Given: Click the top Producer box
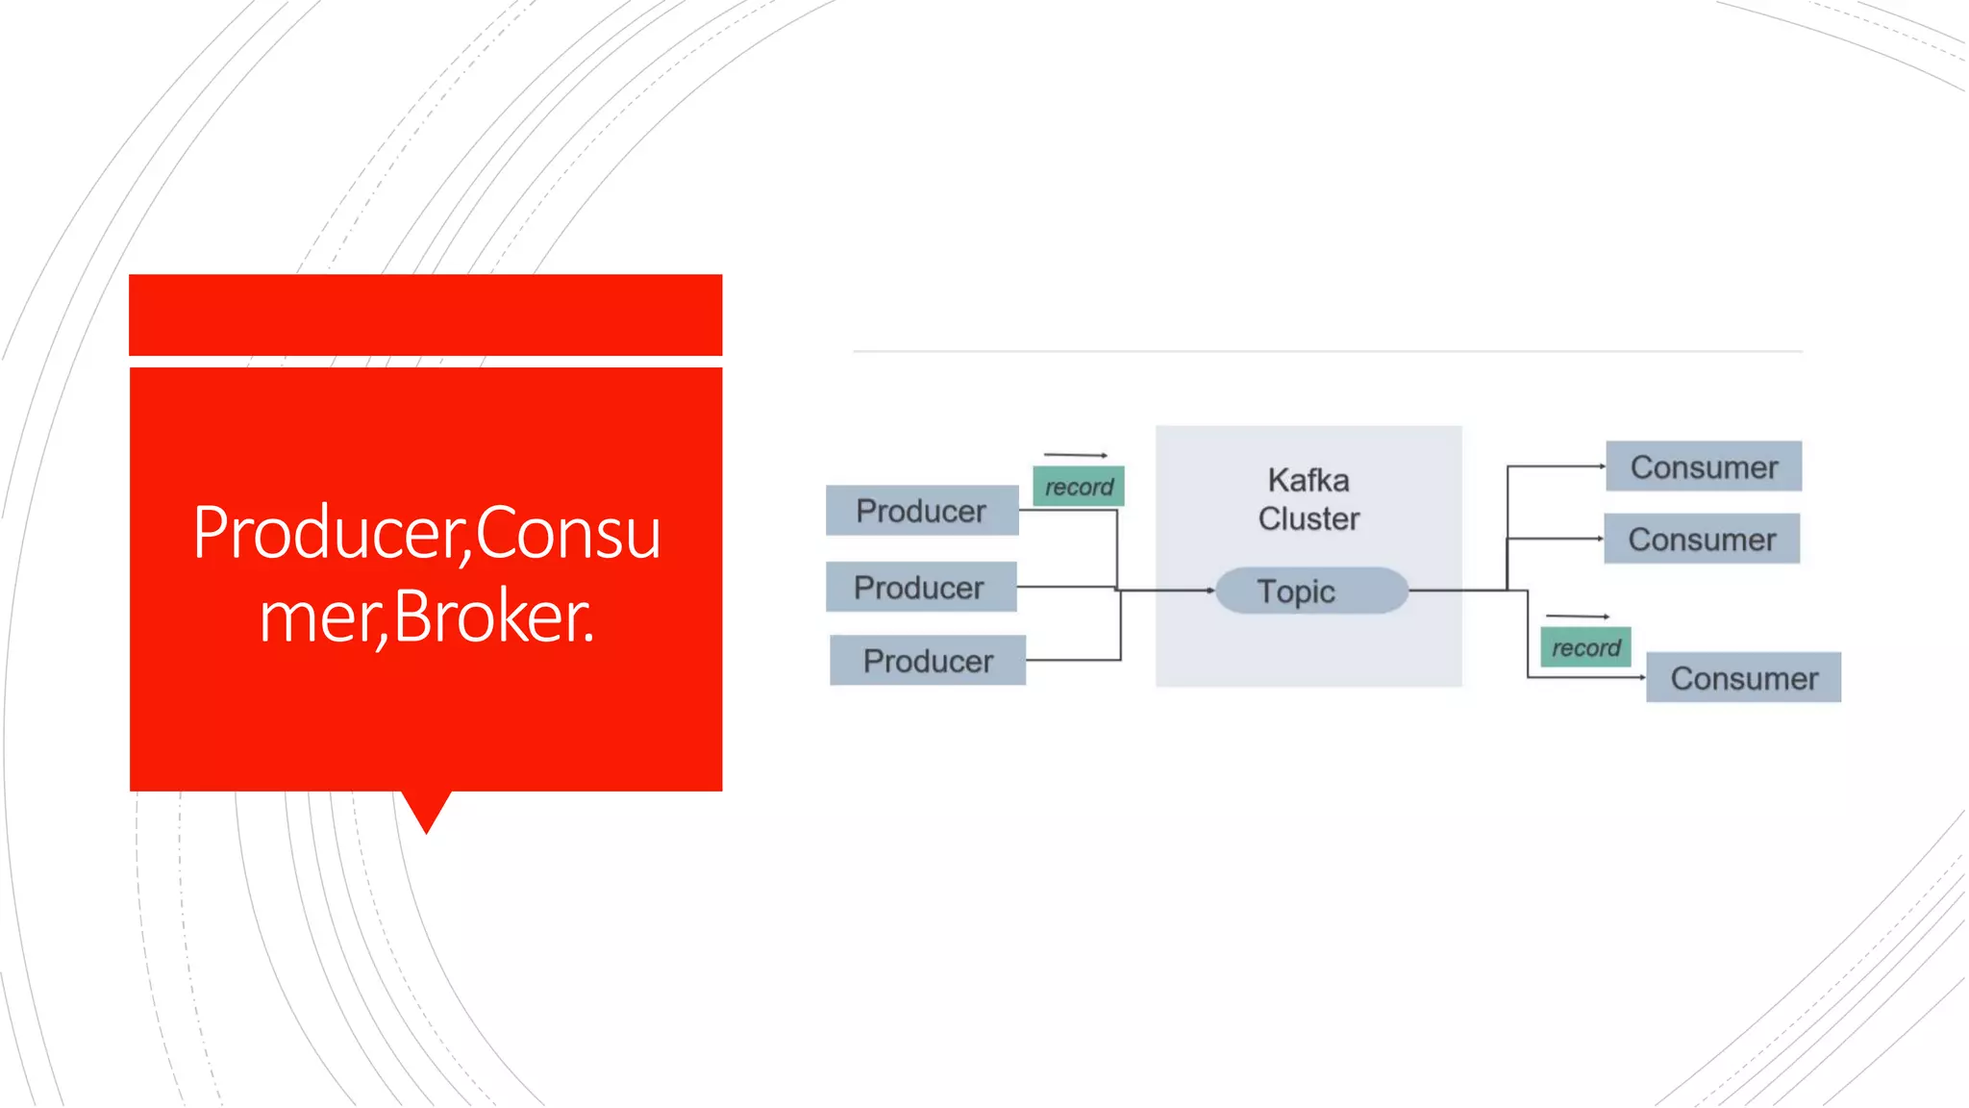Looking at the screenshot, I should (x=921, y=511).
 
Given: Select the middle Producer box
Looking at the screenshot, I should (x=920, y=587).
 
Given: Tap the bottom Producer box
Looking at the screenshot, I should (x=927, y=661).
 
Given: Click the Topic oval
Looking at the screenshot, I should (x=1310, y=591).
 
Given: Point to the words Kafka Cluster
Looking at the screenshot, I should (x=1309, y=499).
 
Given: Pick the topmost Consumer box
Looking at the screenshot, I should (x=1703, y=466).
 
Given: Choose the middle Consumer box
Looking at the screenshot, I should (x=1701, y=539).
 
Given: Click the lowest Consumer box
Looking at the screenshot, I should (x=1743, y=678).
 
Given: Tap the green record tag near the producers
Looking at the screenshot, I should (x=1078, y=487).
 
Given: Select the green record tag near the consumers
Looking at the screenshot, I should (x=1584, y=647).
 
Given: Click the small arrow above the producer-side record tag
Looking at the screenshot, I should (x=1076, y=454).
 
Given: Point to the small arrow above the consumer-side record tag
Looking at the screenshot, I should (x=1577, y=616).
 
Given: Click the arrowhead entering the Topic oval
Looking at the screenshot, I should (x=1210, y=591).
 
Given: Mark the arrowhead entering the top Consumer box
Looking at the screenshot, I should (x=1602, y=466).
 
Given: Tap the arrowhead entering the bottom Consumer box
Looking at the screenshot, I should (x=1642, y=678).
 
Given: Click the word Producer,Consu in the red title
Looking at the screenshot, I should (x=426, y=532).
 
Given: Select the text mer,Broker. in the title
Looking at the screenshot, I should (x=426, y=617).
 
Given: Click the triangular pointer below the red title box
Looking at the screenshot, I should (x=426, y=810).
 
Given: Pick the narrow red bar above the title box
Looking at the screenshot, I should (x=425, y=315).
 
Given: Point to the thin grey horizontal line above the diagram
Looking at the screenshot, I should (x=1327, y=352).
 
